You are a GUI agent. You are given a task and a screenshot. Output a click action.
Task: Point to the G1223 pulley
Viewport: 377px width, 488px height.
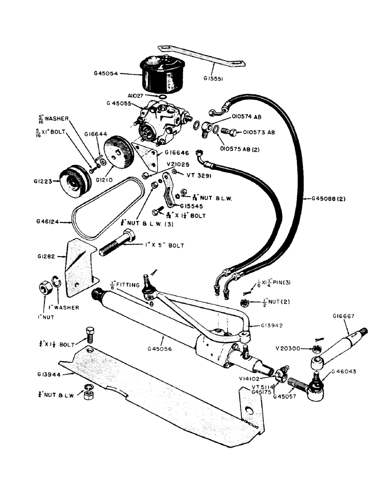coord(74,179)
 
